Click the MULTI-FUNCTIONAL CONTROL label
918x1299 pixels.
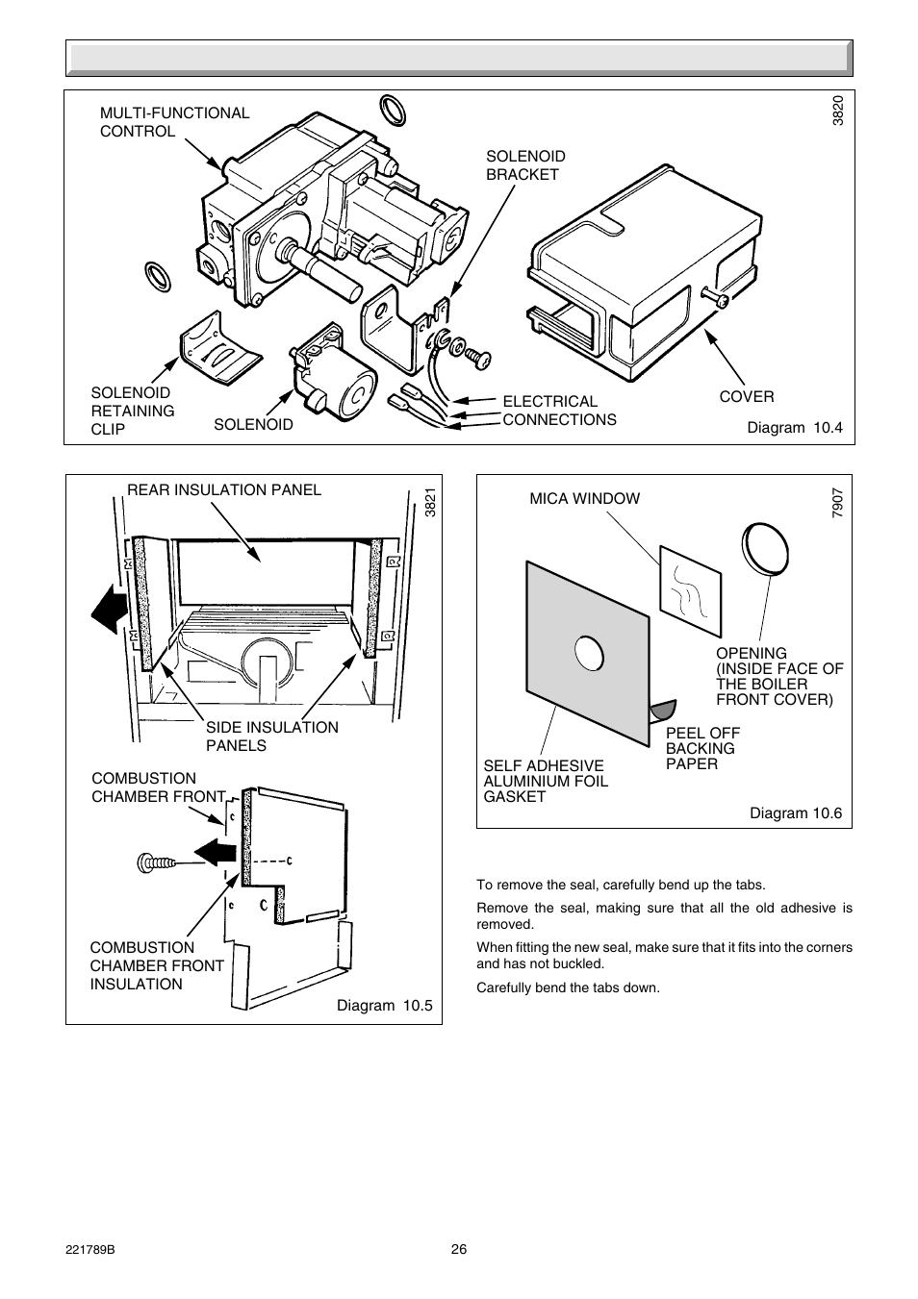tap(174, 122)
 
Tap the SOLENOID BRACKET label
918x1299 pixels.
tap(524, 165)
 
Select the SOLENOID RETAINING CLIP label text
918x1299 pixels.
tap(132, 411)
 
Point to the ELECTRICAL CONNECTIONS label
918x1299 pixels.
tap(559, 411)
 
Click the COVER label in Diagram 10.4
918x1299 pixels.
tap(746, 397)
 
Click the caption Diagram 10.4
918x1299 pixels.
tap(794, 428)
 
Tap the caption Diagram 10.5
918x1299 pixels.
tap(384, 1006)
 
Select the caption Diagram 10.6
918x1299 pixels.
tap(795, 813)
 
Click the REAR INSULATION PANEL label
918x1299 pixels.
tap(224, 489)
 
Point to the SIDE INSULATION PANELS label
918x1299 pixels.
tap(271, 737)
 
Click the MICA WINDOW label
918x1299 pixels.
tap(584, 498)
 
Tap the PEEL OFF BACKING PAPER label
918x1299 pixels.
tap(702, 748)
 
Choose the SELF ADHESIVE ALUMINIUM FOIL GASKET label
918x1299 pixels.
tap(545, 781)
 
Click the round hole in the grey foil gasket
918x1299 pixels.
tap(588, 654)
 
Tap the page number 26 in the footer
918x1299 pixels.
tap(459, 1250)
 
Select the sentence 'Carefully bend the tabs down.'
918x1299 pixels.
tap(568, 987)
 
